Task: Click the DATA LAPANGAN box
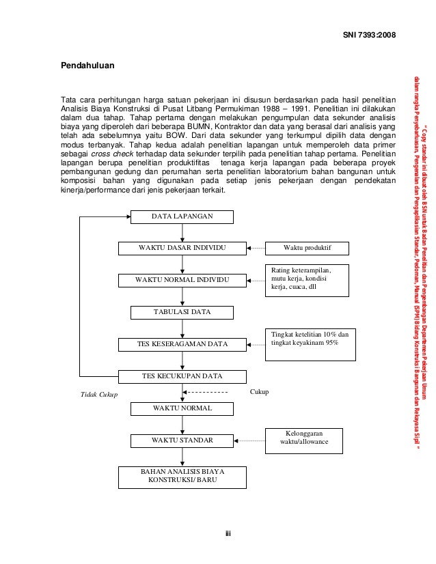(x=182, y=216)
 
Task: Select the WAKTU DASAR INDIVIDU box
(x=182, y=247)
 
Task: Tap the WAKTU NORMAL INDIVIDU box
(x=182, y=280)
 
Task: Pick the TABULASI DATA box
(x=182, y=311)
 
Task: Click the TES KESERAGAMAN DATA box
(x=182, y=343)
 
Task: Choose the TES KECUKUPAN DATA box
(x=182, y=376)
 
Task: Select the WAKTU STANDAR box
(x=182, y=440)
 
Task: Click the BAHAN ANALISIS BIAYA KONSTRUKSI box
(x=182, y=476)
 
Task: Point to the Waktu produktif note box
(x=307, y=247)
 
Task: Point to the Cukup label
(x=260, y=391)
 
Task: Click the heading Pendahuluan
(x=88, y=66)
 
